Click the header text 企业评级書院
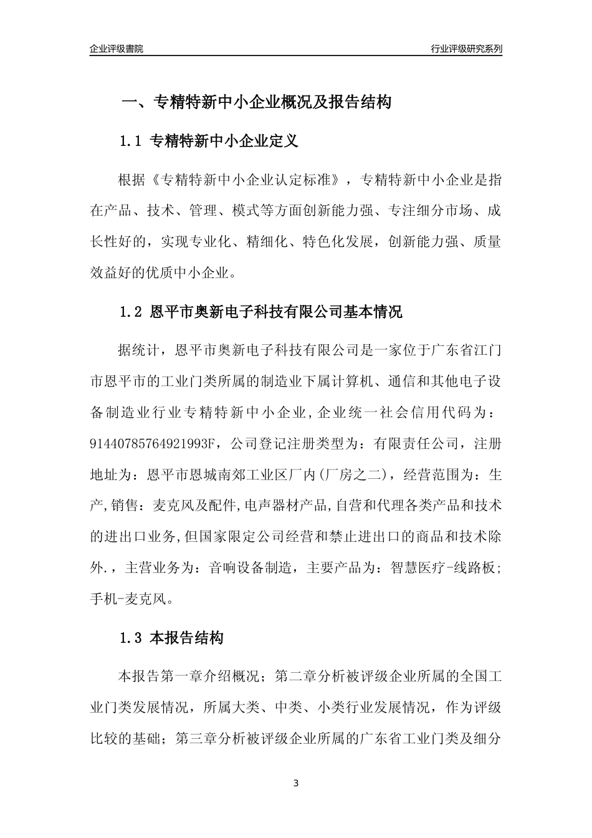point(117,49)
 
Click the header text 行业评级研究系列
point(466,49)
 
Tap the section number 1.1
point(132,142)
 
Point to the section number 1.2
point(132,312)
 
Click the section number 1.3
point(132,638)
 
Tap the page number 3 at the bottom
point(296,783)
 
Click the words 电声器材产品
point(285,506)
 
